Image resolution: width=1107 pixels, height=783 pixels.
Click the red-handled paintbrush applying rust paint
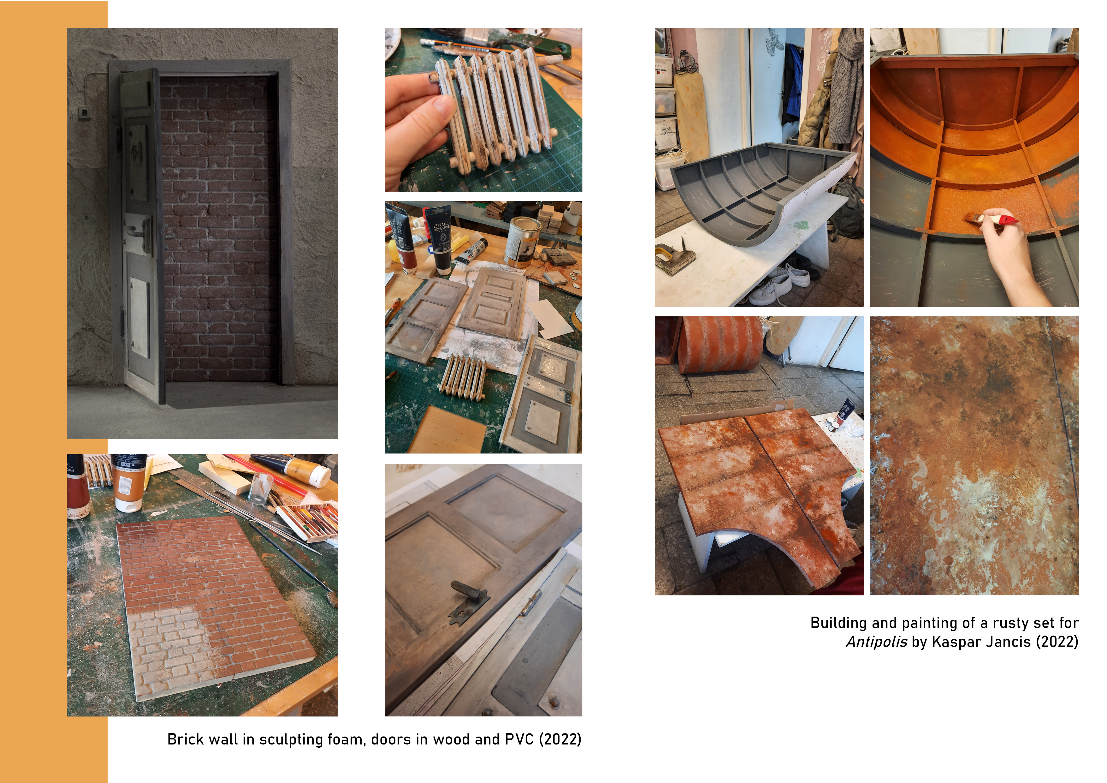tap(991, 219)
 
